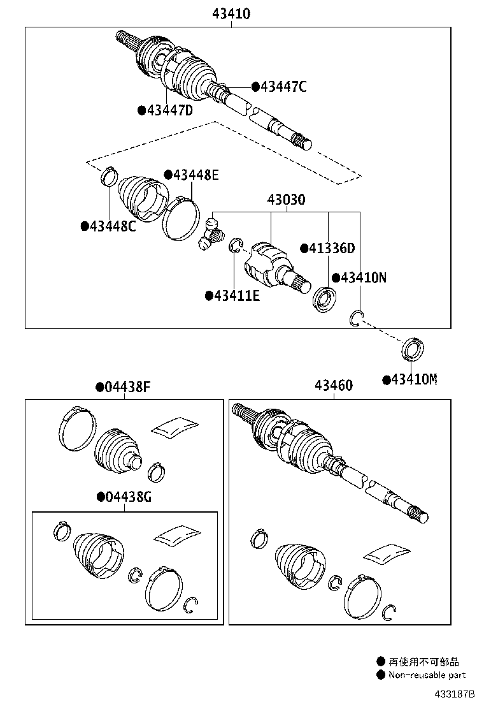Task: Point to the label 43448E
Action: pyautogui.click(x=196, y=175)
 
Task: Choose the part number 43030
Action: pyautogui.click(x=286, y=200)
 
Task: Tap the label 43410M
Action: pyautogui.click(x=414, y=380)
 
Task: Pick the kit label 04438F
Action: pyautogui.click(x=128, y=386)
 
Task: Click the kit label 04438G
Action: pyautogui.click(x=128, y=497)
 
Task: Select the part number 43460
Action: pyautogui.click(x=333, y=386)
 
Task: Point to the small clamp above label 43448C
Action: pyautogui.click(x=109, y=174)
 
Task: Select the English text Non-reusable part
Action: pyautogui.click(x=427, y=675)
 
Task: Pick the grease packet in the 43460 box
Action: pyautogui.click(x=387, y=553)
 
